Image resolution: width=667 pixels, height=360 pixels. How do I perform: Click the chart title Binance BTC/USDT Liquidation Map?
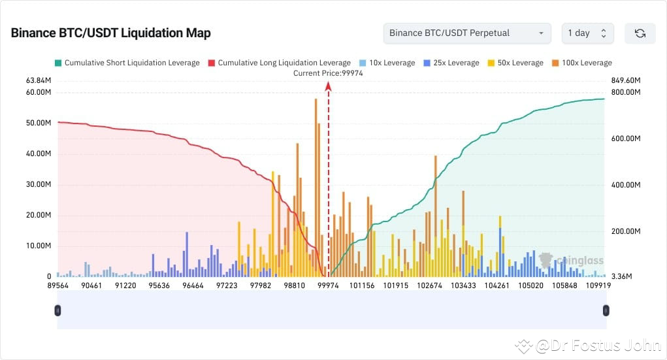pyautogui.click(x=110, y=33)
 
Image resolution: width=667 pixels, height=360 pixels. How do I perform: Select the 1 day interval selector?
pyautogui.click(x=587, y=33)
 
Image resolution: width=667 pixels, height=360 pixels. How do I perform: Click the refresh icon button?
pyautogui.click(x=640, y=33)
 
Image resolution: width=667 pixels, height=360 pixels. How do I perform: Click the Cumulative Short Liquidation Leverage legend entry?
pyautogui.click(x=127, y=63)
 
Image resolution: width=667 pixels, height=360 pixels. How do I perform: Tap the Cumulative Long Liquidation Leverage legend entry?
pyautogui.click(x=279, y=63)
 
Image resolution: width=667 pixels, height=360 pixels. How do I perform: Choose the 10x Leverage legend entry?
pyautogui.click(x=387, y=63)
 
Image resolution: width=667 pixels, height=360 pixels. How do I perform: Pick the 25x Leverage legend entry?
pyautogui.click(x=451, y=63)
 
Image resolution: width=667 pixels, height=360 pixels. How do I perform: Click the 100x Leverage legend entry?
pyautogui.click(x=581, y=63)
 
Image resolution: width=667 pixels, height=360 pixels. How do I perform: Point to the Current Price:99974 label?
pyautogui.click(x=328, y=73)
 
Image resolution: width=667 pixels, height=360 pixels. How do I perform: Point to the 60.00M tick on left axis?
pyautogui.click(x=38, y=92)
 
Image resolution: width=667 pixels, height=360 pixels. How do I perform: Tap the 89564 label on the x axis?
pyautogui.click(x=58, y=286)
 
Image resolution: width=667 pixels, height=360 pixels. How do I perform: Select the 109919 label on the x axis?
pyautogui.click(x=598, y=286)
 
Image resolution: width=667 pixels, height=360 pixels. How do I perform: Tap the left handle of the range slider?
pyautogui.click(x=58, y=310)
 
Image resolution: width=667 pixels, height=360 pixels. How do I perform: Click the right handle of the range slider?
pyautogui.click(x=606, y=310)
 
